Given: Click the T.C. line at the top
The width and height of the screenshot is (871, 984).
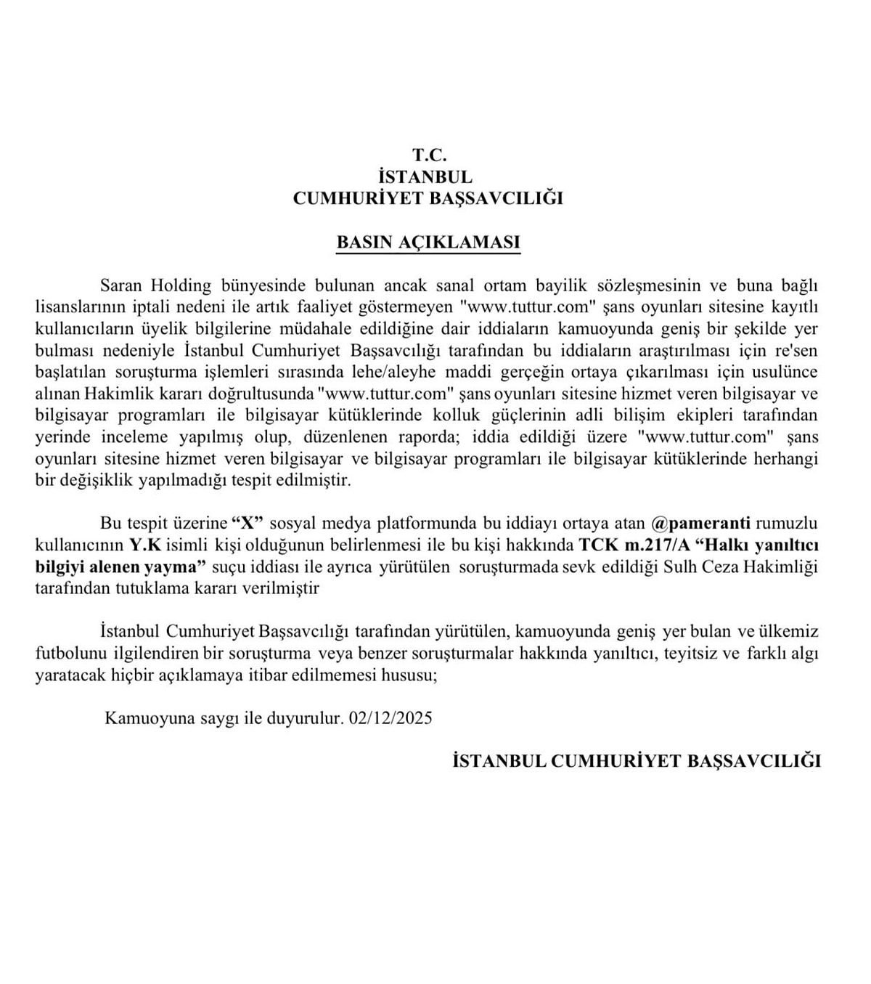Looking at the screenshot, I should (429, 155).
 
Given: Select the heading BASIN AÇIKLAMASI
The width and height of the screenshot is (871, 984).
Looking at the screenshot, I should (428, 242).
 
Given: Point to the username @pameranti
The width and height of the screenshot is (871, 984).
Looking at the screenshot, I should (703, 523).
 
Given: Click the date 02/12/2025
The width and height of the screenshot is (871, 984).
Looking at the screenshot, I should (390, 718).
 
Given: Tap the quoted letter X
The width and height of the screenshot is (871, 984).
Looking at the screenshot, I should (247, 523).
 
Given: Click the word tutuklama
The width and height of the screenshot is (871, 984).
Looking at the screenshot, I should (151, 588).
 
